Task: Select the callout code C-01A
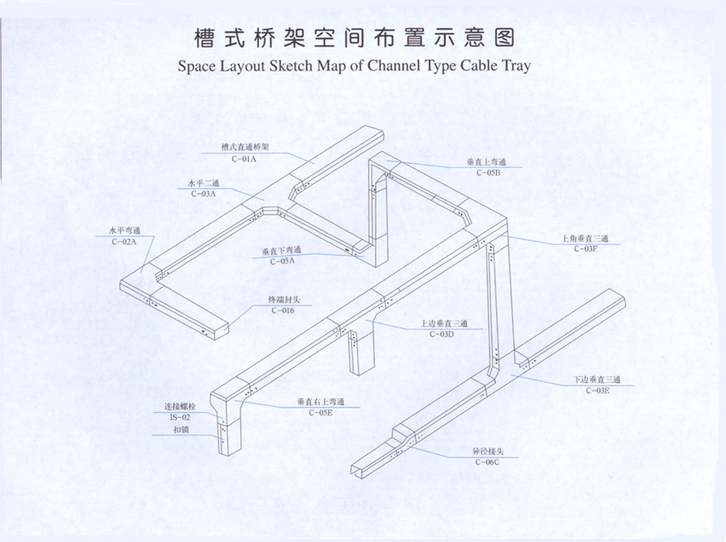(x=244, y=158)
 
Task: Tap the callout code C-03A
(x=203, y=194)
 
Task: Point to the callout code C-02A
(x=125, y=242)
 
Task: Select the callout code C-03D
(x=442, y=334)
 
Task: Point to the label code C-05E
(x=320, y=412)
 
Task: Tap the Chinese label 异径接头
(x=486, y=452)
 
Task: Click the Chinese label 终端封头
(x=283, y=300)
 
